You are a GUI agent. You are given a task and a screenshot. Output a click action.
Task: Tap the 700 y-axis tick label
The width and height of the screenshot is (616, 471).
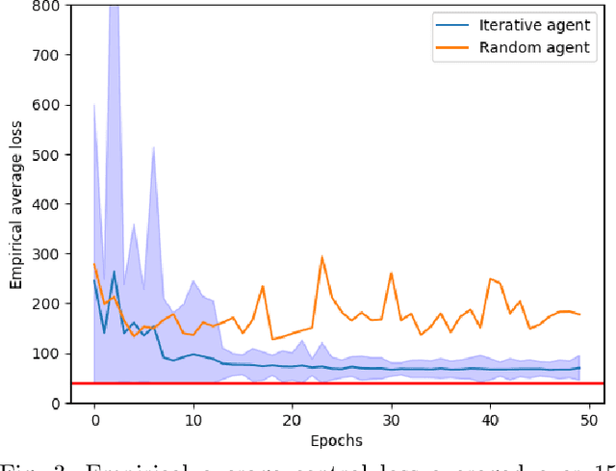coord(44,55)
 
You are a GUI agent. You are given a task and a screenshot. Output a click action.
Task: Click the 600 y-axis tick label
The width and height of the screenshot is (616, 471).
coord(44,105)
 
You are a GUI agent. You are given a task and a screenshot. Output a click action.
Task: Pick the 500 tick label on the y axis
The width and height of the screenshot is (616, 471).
coord(44,154)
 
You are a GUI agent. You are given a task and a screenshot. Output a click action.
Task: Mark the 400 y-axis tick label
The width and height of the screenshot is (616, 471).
coord(44,204)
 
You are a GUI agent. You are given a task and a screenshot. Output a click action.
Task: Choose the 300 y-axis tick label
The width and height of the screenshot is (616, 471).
coord(44,254)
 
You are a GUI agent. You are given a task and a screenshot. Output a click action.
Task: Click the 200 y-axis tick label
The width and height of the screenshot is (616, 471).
coord(44,303)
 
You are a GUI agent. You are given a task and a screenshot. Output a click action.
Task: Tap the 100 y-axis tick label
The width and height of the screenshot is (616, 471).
coord(44,353)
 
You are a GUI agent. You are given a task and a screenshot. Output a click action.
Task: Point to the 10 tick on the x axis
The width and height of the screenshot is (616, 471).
coord(193,420)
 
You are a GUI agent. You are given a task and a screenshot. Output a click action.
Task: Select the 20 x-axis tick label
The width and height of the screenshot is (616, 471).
coord(292,420)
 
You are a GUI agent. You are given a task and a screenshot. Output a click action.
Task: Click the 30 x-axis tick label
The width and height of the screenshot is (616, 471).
coord(391,420)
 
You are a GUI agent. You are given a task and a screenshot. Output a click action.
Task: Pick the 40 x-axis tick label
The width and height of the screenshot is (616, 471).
coord(490,420)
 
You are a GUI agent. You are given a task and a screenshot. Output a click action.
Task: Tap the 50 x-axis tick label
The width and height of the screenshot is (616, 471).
coord(588,420)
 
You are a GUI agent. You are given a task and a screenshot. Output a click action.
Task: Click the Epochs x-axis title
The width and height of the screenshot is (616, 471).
coord(336,440)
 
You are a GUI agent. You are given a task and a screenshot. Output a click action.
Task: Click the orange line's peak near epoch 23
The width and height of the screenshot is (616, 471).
coord(321,257)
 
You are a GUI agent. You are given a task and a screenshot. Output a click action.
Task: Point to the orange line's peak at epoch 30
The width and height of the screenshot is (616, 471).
coord(391,273)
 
